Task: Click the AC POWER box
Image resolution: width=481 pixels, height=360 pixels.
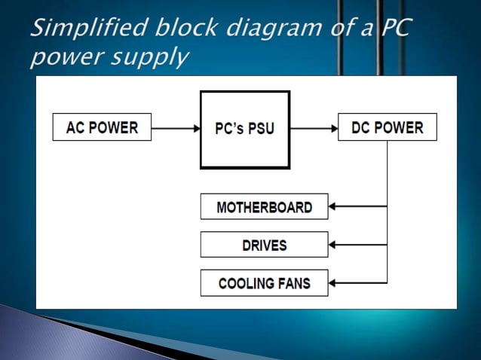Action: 102,127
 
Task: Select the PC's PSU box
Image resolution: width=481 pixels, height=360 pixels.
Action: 245,129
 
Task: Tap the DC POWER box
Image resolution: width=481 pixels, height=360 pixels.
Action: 388,127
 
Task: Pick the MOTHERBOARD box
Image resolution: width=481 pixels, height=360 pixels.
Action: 264,206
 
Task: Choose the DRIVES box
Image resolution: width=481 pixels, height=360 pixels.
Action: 264,245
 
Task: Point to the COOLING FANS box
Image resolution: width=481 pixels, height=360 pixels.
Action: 264,283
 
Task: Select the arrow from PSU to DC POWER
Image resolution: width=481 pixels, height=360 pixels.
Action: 314,128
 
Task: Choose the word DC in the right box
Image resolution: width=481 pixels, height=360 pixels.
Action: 363,127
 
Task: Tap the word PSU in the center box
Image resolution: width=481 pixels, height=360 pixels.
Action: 260,129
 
